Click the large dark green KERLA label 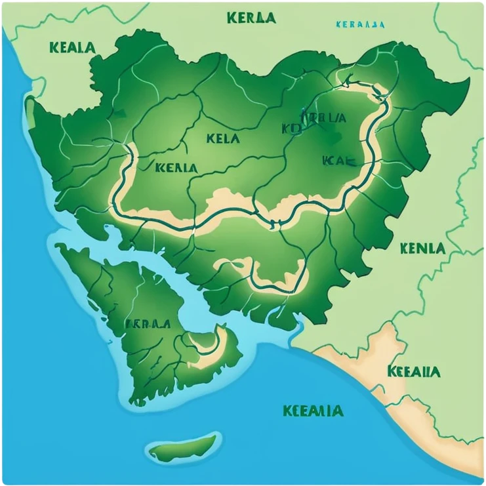coord(251,18)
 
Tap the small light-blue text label coord(359,25)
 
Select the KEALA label coord(71,48)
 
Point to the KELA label coord(223,138)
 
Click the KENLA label coord(422,249)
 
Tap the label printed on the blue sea coord(312,411)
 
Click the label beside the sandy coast coord(413,371)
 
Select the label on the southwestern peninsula coord(148,323)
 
